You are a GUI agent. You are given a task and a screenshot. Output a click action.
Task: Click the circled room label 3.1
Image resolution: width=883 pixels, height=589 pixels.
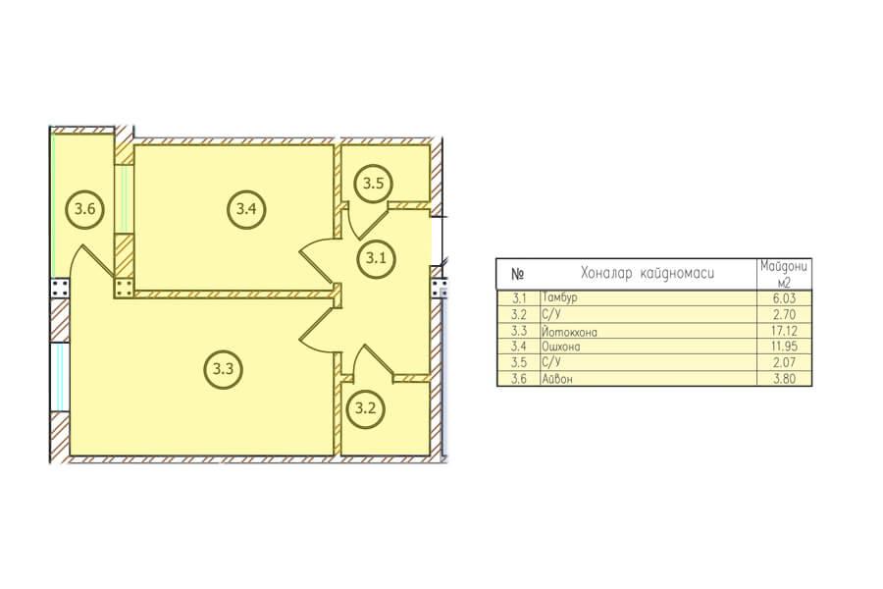point(376,258)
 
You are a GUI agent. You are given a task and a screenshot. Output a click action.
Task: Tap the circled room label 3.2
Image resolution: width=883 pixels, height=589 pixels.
point(366,408)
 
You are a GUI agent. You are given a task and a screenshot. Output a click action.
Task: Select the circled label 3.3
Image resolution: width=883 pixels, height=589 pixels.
point(223,369)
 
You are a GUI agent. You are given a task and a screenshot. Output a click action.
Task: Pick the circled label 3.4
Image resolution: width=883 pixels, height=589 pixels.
point(246,209)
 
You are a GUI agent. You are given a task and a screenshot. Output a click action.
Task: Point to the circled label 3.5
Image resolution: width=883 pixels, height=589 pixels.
point(373,184)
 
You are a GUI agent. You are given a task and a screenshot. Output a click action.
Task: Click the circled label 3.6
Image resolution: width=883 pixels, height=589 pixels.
point(85,209)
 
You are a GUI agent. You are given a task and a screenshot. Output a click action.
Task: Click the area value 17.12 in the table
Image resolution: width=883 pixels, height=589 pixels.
point(784,331)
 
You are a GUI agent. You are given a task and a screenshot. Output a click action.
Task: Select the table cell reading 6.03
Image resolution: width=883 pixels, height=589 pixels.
point(784,298)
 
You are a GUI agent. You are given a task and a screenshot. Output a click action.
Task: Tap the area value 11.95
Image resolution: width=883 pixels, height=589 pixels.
point(784,347)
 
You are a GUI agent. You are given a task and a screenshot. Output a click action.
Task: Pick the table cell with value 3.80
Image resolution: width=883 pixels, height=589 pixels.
point(784,379)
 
